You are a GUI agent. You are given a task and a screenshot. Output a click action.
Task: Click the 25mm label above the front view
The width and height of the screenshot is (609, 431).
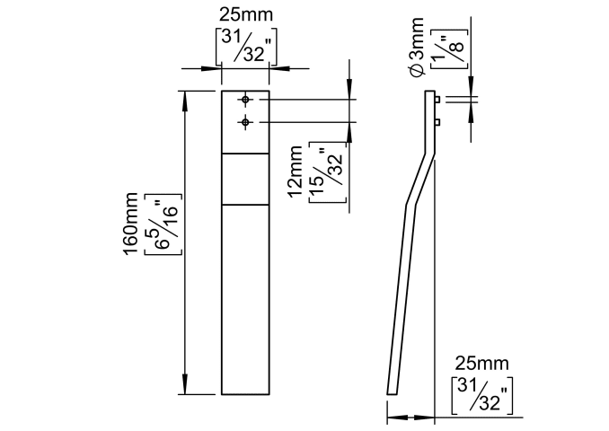[x=245, y=14]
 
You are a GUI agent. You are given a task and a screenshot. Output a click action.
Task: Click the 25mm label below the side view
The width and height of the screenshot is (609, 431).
[x=481, y=363]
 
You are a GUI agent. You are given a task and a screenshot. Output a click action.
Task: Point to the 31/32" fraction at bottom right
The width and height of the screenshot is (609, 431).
[x=481, y=396]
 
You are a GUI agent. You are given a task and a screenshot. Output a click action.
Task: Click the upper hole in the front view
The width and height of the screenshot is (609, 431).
[x=245, y=100]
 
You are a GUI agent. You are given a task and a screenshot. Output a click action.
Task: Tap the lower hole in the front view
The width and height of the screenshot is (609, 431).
[x=245, y=121]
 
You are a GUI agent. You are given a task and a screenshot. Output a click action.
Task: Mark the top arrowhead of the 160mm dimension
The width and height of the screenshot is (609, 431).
[x=186, y=96]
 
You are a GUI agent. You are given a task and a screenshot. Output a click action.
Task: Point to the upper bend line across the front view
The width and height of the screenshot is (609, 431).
[x=245, y=154]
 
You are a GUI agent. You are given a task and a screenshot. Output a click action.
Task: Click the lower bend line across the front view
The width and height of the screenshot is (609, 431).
[x=245, y=205]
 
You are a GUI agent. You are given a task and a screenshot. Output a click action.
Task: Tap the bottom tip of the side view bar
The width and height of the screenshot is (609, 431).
[x=390, y=391]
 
